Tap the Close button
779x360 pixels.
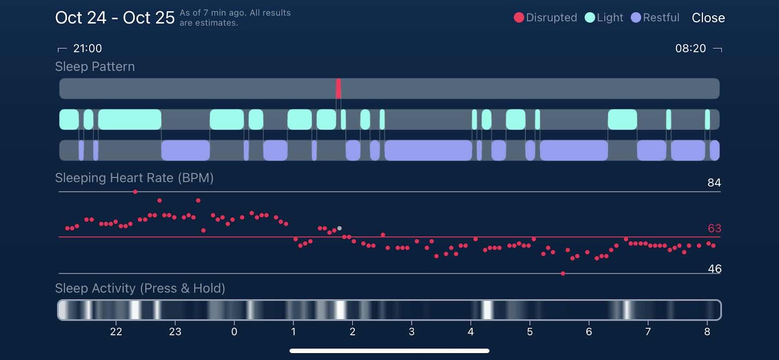click(x=708, y=18)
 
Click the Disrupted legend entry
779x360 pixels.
click(x=545, y=18)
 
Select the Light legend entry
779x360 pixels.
click(x=604, y=18)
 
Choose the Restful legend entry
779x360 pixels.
click(x=655, y=18)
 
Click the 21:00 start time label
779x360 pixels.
click(x=87, y=48)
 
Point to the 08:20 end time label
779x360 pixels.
click(x=690, y=48)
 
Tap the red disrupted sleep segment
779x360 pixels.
click(x=338, y=89)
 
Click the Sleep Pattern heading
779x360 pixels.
click(x=95, y=67)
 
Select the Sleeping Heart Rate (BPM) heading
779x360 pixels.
click(x=134, y=178)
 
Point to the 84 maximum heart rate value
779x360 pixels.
click(x=714, y=183)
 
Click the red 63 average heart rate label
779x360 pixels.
click(x=714, y=228)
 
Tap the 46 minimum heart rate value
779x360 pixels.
click(x=714, y=269)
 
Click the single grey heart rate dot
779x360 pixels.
click(x=339, y=228)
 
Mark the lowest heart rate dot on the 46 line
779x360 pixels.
click(x=563, y=274)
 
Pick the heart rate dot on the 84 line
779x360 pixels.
click(x=135, y=192)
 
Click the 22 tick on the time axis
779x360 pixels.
click(x=116, y=332)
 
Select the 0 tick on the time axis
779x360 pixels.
click(x=234, y=332)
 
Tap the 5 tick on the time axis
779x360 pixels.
click(x=530, y=332)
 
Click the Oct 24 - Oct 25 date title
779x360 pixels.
click(x=114, y=18)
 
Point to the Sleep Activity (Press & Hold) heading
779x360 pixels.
click(x=140, y=288)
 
